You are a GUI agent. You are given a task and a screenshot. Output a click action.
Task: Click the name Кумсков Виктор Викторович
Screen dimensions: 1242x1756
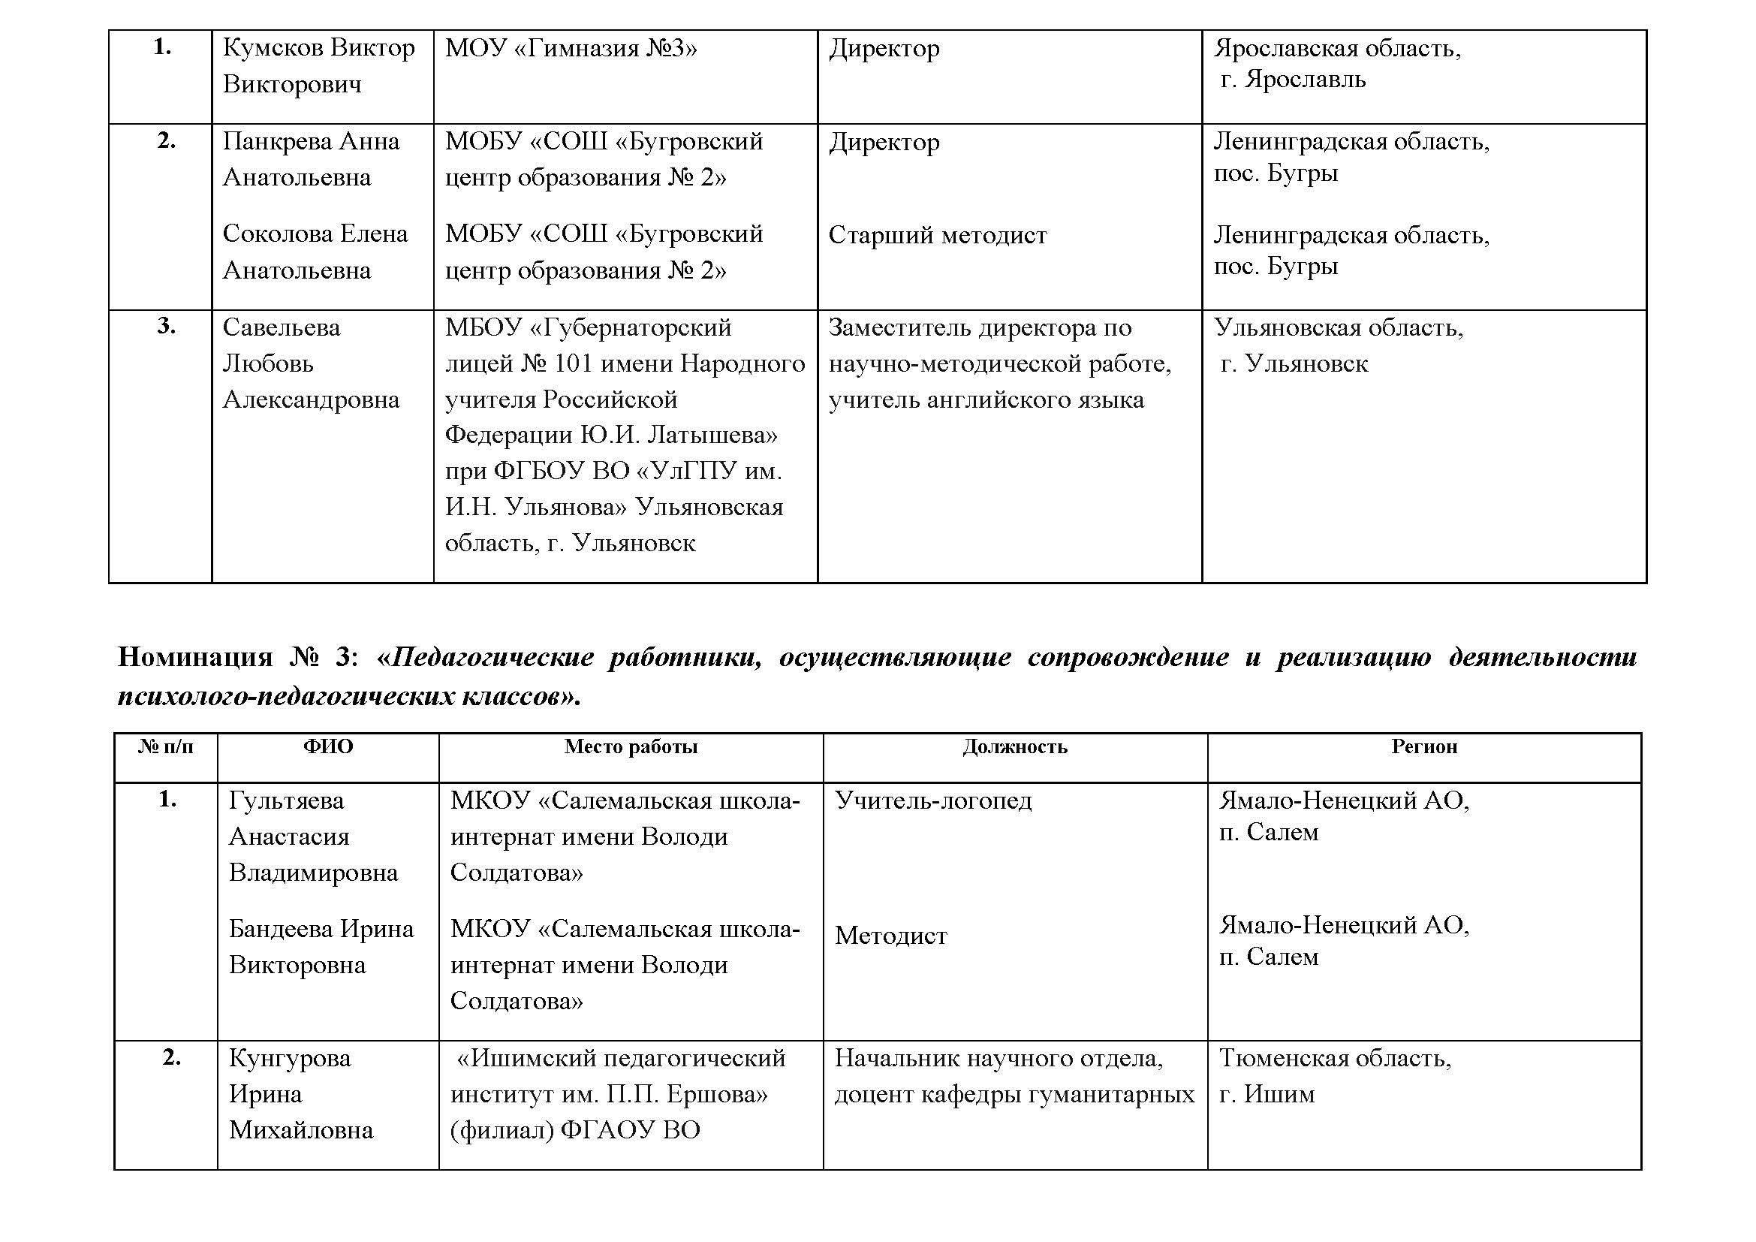[318, 66]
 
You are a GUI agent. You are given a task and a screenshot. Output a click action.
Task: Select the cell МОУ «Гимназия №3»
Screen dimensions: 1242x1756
[571, 49]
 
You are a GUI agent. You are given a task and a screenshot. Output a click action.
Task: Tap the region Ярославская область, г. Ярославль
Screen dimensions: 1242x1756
[1336, 64]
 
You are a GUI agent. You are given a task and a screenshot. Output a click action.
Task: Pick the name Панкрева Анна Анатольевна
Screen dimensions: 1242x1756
[311, 159]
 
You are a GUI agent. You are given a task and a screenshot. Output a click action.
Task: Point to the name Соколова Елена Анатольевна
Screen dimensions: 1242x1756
[315, 252]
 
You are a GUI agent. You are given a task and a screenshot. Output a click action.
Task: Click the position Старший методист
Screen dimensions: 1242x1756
[937, 236]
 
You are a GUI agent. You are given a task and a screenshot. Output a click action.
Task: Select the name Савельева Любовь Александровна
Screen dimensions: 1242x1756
[311, 363]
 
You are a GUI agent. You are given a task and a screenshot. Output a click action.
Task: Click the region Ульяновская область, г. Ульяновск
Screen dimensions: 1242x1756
[1338, 345]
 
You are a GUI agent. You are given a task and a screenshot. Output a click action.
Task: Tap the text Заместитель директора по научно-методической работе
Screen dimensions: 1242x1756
[998, 345]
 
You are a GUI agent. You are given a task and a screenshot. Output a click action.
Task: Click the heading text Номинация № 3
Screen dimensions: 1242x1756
[236, 657]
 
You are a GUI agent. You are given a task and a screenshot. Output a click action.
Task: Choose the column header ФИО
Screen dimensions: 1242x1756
[328, 746]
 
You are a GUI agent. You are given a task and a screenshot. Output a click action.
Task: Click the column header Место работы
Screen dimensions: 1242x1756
[630, 746]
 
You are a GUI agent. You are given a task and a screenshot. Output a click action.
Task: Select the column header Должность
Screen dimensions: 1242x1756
[1014, 746]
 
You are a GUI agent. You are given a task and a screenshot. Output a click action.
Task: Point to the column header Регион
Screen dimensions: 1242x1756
[1423, 746]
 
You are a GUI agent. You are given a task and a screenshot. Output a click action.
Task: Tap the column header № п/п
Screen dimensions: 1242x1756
[165, 746]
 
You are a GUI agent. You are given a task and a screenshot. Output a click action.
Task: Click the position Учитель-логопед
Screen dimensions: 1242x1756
[932, 800]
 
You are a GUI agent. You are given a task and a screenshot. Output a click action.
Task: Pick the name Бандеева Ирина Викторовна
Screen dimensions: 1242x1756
[321, 947]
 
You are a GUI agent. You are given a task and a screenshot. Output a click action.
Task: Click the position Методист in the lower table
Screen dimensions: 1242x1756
[890, 936]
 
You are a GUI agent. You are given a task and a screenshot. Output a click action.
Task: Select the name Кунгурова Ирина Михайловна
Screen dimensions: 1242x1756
[300, 1093]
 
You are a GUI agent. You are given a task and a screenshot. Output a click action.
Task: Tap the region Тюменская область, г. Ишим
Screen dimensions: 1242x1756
[1334, 1076]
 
